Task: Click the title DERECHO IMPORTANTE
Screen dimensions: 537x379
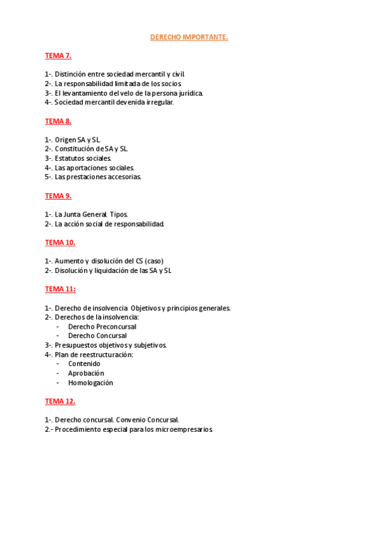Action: (189, 37)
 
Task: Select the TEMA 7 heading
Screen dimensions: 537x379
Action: (58, 56)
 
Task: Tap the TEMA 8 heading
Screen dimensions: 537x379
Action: (58, 121)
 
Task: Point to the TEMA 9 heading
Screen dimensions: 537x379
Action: (58, 196)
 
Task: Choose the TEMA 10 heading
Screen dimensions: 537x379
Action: (60, 243)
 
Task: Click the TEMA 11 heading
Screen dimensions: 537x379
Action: (60, 289)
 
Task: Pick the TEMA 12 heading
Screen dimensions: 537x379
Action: (60, 401)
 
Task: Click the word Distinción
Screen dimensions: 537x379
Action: (70, 75)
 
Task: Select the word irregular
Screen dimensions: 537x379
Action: (158, 103)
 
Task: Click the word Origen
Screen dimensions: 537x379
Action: (65, 140)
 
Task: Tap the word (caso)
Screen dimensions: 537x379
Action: (158, 262)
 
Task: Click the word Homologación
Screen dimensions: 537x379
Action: (90, 383)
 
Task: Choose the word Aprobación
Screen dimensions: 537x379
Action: (86, 374)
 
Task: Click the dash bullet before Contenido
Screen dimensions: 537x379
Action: (58, 364)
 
